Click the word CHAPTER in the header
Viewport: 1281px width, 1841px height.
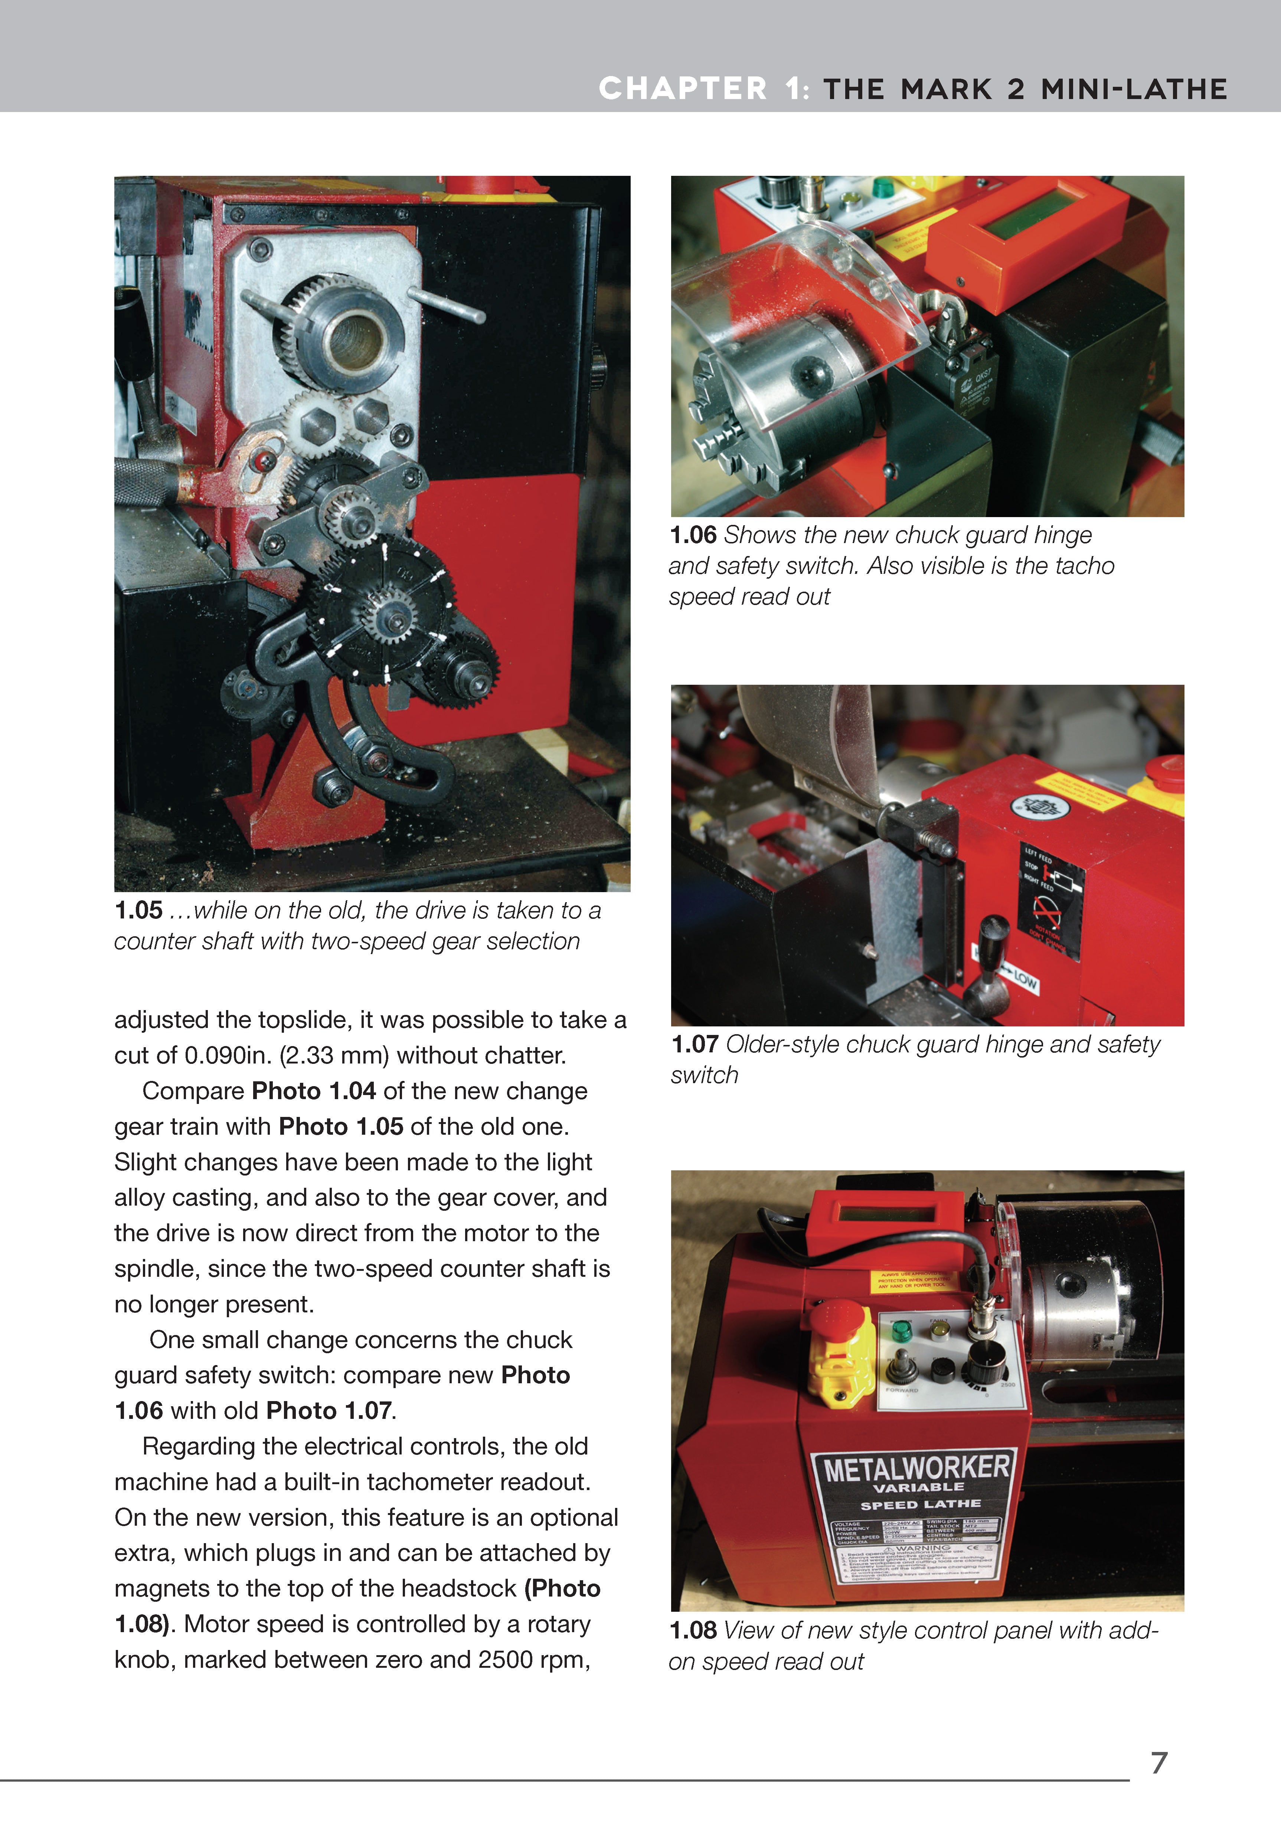[x=683, y=88]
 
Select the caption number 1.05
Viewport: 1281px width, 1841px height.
[x=138, y=910]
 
